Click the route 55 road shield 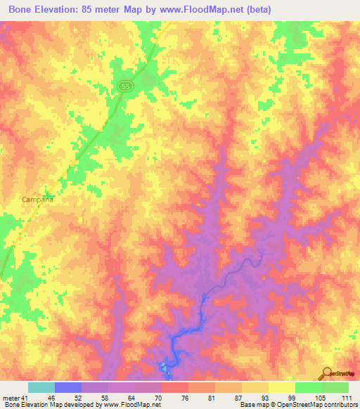124,84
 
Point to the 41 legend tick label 26,398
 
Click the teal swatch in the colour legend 41,387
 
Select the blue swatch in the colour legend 67,387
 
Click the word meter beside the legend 11,398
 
